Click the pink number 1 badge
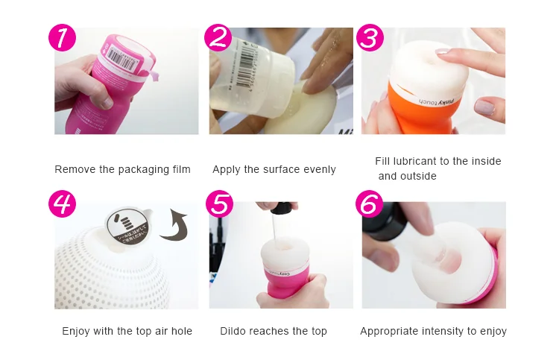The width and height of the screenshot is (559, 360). pos(62,38)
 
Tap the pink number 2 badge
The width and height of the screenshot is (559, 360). pos(217,37)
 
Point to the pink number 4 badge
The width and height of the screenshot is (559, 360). pos(62,203)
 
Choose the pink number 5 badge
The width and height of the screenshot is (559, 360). pos(218,203)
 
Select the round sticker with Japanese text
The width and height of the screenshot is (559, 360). pos(126,223)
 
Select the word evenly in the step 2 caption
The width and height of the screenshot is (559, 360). pos(318,170)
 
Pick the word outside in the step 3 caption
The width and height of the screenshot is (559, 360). pos(418,177)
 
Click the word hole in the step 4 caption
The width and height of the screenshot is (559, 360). pos(181,331)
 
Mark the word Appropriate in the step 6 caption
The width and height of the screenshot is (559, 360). pos(389,331)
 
